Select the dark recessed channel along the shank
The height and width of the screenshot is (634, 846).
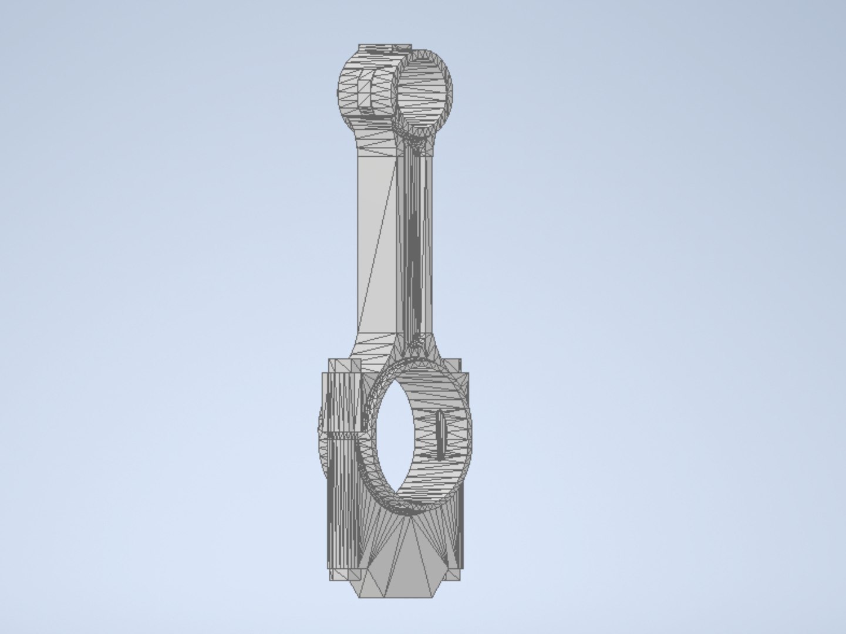414,247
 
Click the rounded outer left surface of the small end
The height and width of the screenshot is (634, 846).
346,94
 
